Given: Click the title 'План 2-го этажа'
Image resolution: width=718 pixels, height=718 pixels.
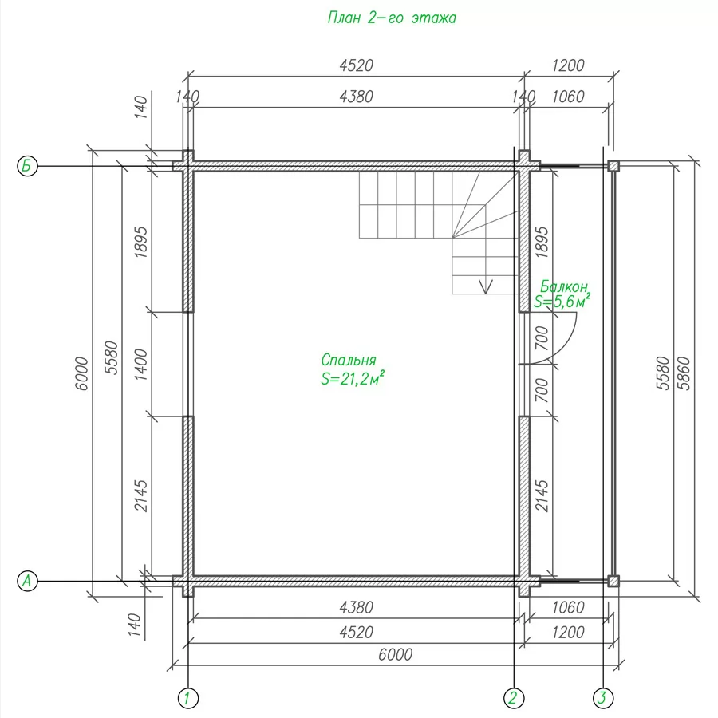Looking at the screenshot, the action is [392, 18].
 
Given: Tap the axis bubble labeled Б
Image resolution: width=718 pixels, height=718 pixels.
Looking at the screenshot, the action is [27, 165].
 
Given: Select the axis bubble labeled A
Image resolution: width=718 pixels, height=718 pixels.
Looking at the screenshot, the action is [27, 581].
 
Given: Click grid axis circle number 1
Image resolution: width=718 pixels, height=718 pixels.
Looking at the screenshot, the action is [187, 699].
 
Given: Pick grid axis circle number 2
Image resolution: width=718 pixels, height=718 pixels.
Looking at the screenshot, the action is [514, 699].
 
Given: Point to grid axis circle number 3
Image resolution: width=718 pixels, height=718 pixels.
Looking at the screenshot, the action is [602, 699].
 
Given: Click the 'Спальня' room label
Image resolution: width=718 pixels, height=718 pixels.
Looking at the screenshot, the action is [349, 361].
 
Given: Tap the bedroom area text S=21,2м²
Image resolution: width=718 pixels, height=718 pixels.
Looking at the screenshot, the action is [352, 379].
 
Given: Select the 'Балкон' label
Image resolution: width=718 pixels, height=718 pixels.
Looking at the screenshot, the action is [564, 286].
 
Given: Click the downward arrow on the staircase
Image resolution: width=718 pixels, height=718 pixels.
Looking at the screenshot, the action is [485, 286].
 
